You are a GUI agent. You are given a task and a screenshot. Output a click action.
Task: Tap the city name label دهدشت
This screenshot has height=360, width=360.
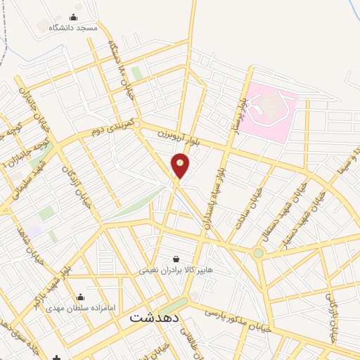tap(154, 318)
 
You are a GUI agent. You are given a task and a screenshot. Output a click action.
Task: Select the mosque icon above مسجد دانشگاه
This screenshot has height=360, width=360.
tap(75, 17)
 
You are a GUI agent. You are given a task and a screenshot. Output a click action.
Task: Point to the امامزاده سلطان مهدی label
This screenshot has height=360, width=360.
tap(80, 308)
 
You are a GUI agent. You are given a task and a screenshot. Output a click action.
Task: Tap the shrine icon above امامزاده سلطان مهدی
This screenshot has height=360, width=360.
tap(80, 297)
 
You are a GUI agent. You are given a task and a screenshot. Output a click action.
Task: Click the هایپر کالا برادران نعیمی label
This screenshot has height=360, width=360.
tap(173, 269)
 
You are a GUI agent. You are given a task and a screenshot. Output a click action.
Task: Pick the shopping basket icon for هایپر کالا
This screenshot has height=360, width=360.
tap(175, 259)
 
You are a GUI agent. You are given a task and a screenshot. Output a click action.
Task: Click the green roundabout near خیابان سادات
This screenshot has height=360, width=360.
tap(259, 252)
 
